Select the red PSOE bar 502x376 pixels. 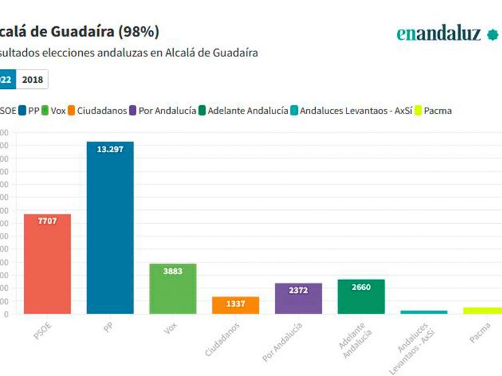pos(47,264)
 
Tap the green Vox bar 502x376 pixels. pos(173,288)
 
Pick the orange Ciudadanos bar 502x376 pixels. pos(235,305)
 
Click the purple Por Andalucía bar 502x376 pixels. pos(298,298)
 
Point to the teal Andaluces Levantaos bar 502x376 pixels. pos(424,311)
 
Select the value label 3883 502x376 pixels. pos(173,272)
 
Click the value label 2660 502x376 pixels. pos(361,288)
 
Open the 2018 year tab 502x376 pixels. pos(32,80)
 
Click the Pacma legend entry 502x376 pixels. pos(432,111)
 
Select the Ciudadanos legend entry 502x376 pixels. pos(97,111)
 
